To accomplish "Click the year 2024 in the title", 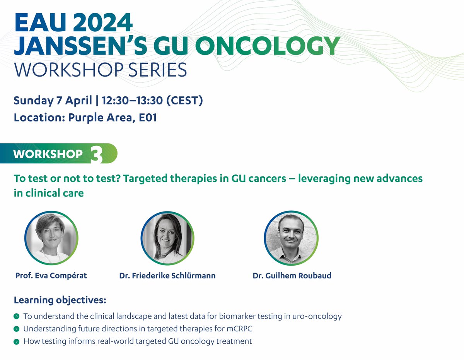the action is pos(103,22).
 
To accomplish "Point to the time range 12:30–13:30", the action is pos(132,101).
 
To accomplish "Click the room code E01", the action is pos(148,118).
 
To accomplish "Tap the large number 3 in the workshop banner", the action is pos(97,154).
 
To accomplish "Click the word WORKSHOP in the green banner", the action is pos(48,154).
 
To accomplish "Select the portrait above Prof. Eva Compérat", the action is pos(51,238).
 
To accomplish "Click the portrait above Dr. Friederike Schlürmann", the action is pos(167,238).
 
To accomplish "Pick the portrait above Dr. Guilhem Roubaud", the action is pos(291,238).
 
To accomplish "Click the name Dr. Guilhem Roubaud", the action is pos(292,275).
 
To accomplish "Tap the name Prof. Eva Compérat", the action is pos(51,275).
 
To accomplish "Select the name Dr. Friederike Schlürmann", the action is pos(167,275).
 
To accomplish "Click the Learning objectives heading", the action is pos(60,300).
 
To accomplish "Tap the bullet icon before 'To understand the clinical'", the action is pos(17,316).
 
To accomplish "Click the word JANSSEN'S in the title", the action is pos(80,46).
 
